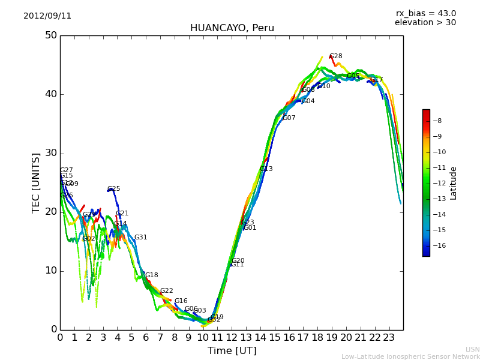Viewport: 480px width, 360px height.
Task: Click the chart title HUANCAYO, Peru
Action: click(x=232, y=28)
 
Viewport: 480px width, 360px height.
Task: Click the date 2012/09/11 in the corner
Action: click(x=47, y=16)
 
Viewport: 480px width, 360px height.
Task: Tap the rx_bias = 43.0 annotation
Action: click(x=425, y=13)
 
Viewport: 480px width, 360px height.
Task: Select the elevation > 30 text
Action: click(x=425, y=23)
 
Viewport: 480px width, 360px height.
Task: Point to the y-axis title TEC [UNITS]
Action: click(x=36, y=182)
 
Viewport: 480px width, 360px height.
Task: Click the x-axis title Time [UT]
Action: click(x=232, y=351)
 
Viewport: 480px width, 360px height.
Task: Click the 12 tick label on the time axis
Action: click(x=232, y=338)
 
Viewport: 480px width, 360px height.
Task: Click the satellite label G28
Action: click(x=336, y=56)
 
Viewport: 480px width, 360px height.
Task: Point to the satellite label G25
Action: click(x=114, y=189)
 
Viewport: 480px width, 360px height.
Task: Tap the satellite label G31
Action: click(x=141, y=238)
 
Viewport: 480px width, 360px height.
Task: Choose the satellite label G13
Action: click(x=266, y=169)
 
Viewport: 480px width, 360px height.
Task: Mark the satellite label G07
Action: click(x=289, y=118)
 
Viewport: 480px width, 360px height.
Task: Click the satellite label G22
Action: click(x=167, y=291)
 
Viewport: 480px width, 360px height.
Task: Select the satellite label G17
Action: click(x=377, y=79)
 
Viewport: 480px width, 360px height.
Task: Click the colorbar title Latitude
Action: click(x=454, y=183)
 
